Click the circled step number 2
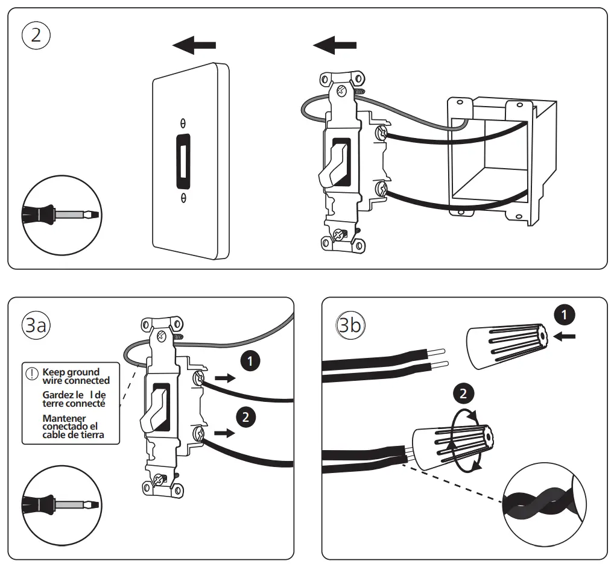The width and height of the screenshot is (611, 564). click(x=36, y=34)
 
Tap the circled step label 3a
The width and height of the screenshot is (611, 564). click(x=36, y=325)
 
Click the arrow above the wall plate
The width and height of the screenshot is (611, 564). click(x=194, y=44)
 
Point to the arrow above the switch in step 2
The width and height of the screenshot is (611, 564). click(x=335, y=44)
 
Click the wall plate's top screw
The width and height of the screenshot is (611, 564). click(x=183, y=122)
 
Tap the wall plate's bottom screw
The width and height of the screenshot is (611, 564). click(x=183, y=197)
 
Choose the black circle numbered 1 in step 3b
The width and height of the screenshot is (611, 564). click(x=564, y=315)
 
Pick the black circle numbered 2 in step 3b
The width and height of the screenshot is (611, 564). click(x=463, y=393)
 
